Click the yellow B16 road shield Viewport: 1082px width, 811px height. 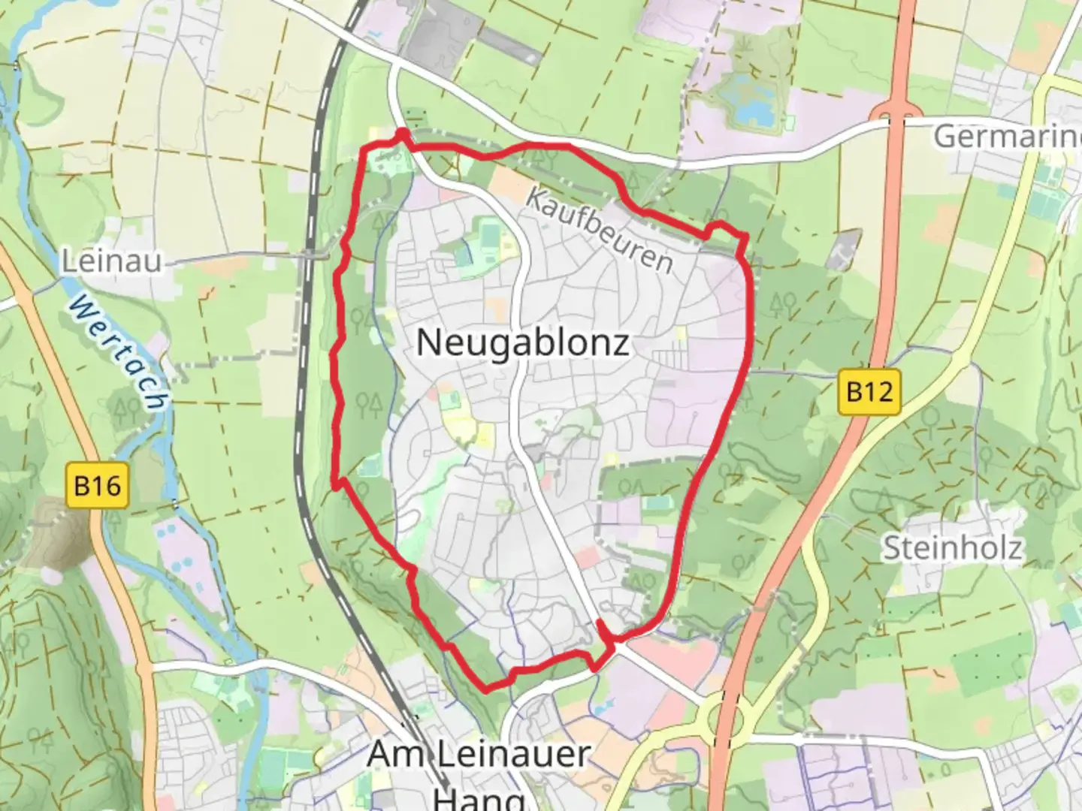pyautogui.click(x=98, y=486)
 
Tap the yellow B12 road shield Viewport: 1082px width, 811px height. pyautogui.click(x=870, y=391)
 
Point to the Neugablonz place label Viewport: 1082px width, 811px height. pyautogui.click(x=523, y=343)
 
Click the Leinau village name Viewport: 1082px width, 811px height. pyautogui.click(x=111, y=261)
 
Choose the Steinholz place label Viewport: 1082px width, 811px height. pyautogui.click(x=951, y=547)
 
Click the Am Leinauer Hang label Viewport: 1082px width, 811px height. pyautogui.click(x=479, y=766)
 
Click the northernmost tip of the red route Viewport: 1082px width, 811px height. pyautogui.click(x=403, y=134)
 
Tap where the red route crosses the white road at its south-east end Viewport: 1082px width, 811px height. pyautogui.click(x=610, y=643)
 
